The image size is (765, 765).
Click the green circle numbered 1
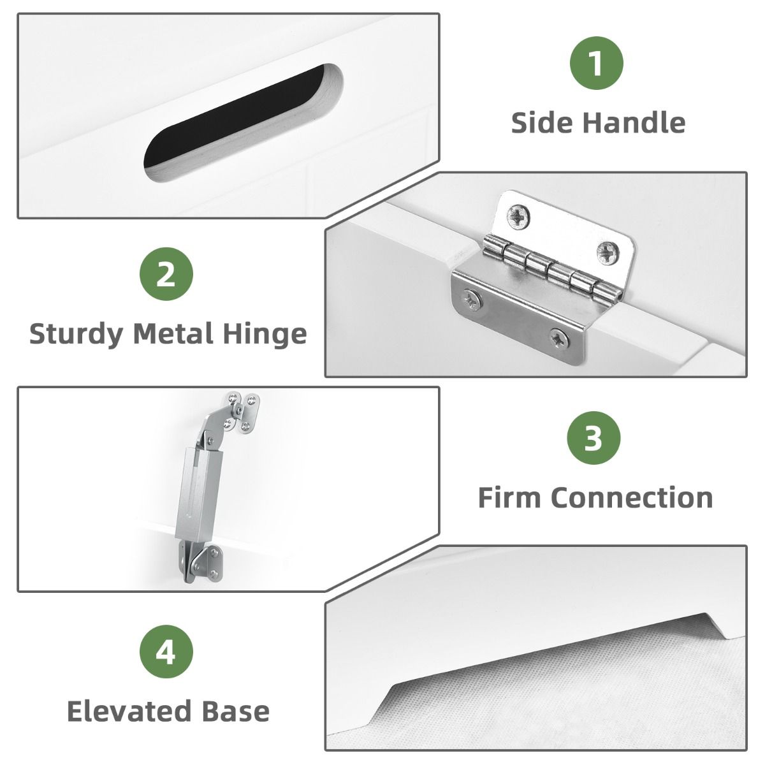596,62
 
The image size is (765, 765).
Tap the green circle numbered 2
166,274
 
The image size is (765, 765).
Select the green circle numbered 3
593,438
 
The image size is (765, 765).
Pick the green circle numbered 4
166,652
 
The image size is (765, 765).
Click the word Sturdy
76,334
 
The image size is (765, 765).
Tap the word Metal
173,333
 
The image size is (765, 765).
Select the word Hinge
265,335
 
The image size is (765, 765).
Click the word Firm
509,497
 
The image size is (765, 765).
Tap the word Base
236,711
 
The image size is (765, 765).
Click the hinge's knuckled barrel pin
552,269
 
